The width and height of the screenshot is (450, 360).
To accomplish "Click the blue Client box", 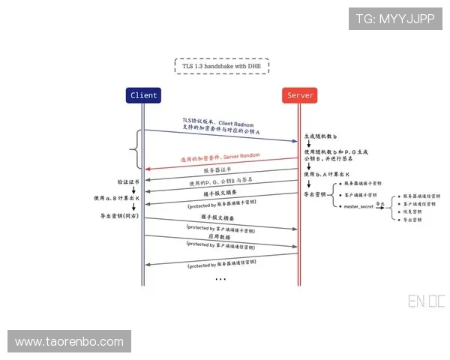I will pyautogui.click(x=143, y=95).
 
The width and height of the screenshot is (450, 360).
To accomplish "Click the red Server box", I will pyautogui.click(x=300, y=95).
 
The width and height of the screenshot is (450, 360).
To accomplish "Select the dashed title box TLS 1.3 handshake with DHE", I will pyautogui.click(x=221, y=66).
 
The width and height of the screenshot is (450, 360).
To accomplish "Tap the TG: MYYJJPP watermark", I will pyautogui.click(x=394, y=18).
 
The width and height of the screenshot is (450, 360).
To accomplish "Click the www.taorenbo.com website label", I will pyautogui.click(x=69, y=341).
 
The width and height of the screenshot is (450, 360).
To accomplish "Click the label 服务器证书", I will pyautogui.click(x=217, y=172).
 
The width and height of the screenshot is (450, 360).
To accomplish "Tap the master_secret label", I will pyautogui.click(x=358, y=205).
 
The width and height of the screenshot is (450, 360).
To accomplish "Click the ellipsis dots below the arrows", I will pyautogui.click(x=220, y=278).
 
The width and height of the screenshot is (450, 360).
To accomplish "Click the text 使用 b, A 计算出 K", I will pyautogui.click(x=329, y=175).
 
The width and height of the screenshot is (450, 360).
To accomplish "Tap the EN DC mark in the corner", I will pyautogui.click(x=426, y=302).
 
